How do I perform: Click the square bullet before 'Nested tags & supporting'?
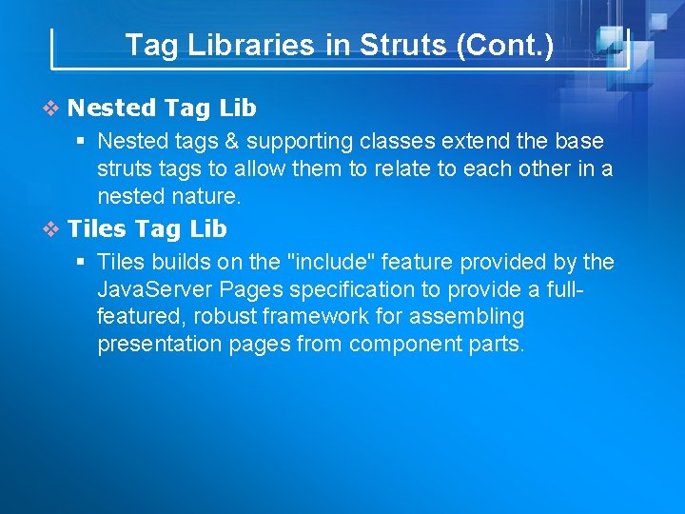pyautogui.click(x=83, y=142)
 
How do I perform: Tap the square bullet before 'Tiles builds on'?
pyautogui.click(x=83, y=262)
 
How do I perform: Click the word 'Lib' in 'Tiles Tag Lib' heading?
pyautogui.click(x=208, y=229)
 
